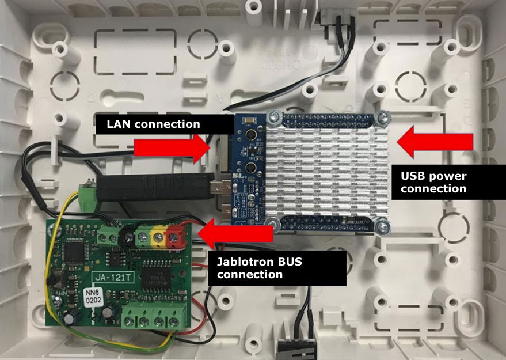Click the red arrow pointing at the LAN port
tap(173, 149)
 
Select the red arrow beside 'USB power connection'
tap(434, 142)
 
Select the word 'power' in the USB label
tap(446, 176)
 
